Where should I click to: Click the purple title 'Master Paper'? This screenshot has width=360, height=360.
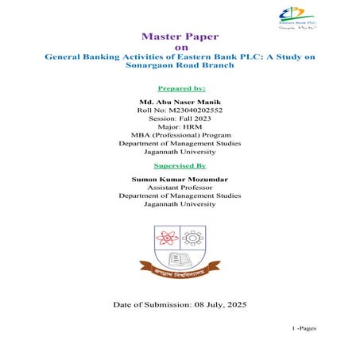click(x=180, y=36)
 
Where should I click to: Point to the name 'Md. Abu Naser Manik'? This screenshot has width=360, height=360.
click(x=180, y=103)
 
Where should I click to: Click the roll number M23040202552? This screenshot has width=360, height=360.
click(x=180, y=112)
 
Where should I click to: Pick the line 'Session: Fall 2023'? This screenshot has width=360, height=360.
click(x=180, y=122)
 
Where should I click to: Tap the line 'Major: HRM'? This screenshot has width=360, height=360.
click(x=180, y=133)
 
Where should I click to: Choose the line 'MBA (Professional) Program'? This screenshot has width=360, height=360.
click(x=180, y=143)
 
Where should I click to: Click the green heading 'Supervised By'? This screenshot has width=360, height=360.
click(x=180, y=166)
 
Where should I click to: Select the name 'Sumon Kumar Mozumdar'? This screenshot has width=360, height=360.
click(x=180, y=181)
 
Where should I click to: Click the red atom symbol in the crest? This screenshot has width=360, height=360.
click(x=167, y=238)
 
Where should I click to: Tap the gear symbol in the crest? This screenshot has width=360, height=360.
click(x=192, y=238)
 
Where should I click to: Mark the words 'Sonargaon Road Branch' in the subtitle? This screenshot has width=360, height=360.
click(x=180, y=67)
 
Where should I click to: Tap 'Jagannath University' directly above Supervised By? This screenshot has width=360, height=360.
click(x=180, y=153)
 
